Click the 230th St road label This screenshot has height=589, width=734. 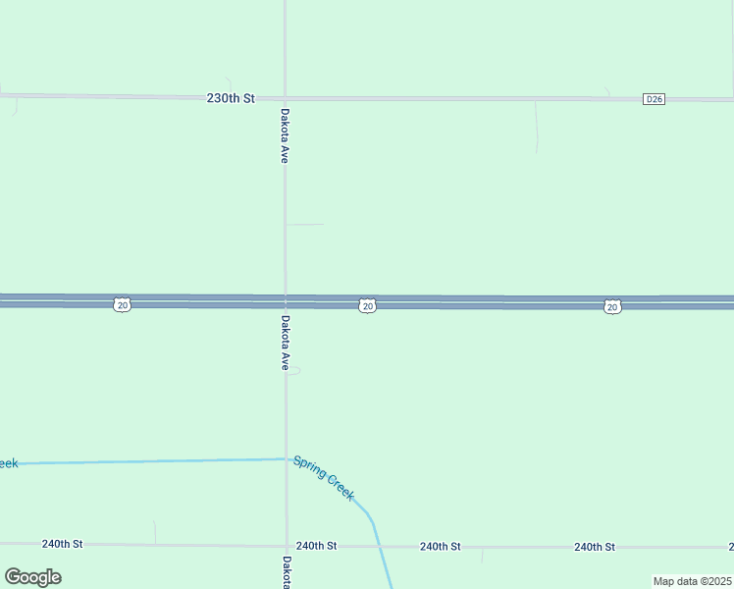(x=231, y=98)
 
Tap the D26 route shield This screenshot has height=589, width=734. (x=655, y=99)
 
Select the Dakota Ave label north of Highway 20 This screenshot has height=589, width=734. (x=285, y=134)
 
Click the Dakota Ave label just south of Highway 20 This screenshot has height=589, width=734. (x=285, y=342)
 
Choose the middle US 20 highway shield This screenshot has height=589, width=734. (x=366, y=306)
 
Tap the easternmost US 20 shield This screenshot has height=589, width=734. (x=612, y=307)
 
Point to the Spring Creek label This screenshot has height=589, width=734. (x=323, y=478)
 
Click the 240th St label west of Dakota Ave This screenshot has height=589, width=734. (x=63, y=543)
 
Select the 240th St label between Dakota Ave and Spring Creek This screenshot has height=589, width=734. (x=316, y=545)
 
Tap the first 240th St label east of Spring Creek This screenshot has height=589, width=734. (x=441, y=546)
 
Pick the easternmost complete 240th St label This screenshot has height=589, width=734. (x=595, y=547)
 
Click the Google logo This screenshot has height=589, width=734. (x=32, y=577)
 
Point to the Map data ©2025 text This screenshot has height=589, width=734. (x=691, y=581)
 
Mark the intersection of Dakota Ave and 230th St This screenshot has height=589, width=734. (x=285, y=98)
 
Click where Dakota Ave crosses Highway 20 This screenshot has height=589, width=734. (x=286, y=301)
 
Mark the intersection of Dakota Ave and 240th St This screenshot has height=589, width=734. (x=287, y=545)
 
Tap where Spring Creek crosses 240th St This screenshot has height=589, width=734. (x=380, y=546)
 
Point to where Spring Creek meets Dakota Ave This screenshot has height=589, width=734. (x=287, y=458)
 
